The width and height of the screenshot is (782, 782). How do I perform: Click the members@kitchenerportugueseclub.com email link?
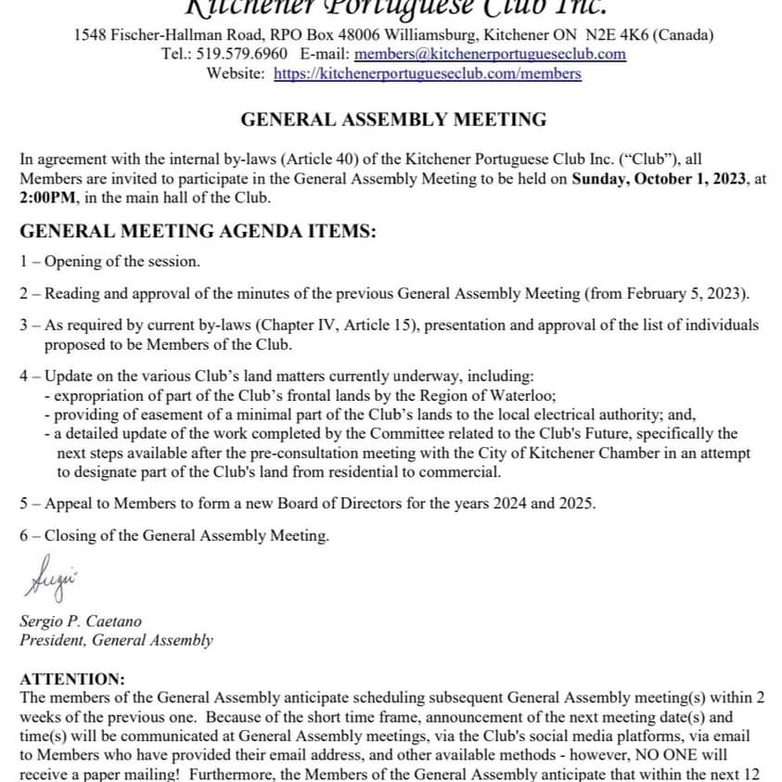(490, 54)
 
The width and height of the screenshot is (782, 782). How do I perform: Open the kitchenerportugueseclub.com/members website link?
(428, 73)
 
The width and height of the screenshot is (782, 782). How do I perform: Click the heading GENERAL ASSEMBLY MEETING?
(393, 120)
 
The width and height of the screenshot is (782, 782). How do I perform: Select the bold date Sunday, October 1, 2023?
(660, 179)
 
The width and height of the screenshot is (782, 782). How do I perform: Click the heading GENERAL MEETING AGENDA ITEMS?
(199, 232)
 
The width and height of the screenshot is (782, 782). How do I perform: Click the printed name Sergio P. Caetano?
(81, 621)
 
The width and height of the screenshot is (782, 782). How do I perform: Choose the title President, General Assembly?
(116, 640)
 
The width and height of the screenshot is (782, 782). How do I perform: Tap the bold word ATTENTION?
(71, 679)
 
